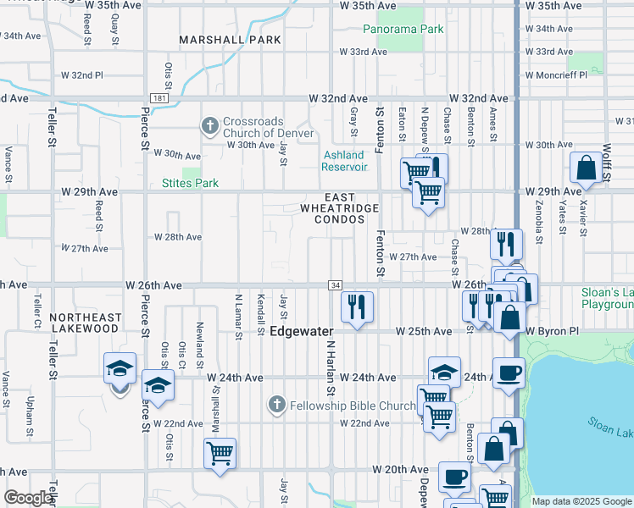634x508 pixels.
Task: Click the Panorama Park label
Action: (x=403, y=29)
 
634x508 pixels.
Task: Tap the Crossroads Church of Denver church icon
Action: (x=210, y=127)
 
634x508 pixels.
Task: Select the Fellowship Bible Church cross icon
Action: (x=276, y=405)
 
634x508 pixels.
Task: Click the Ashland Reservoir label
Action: (x=344, y=161)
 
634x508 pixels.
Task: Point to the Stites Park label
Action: (x=190, y=183)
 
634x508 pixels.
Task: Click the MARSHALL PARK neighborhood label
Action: (x=218, y=40)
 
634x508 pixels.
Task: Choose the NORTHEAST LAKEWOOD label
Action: (x=85, y=323)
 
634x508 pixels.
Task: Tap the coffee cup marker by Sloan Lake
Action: (x=509, y=373)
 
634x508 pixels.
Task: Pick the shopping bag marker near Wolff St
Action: (x=586, y=168)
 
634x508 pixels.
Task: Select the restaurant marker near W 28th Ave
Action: (x=506, y=244)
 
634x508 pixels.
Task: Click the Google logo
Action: (x=28, y=498)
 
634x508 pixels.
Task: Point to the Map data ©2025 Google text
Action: (x=581, y=501)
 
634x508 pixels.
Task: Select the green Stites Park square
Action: (x=190, y=173)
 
